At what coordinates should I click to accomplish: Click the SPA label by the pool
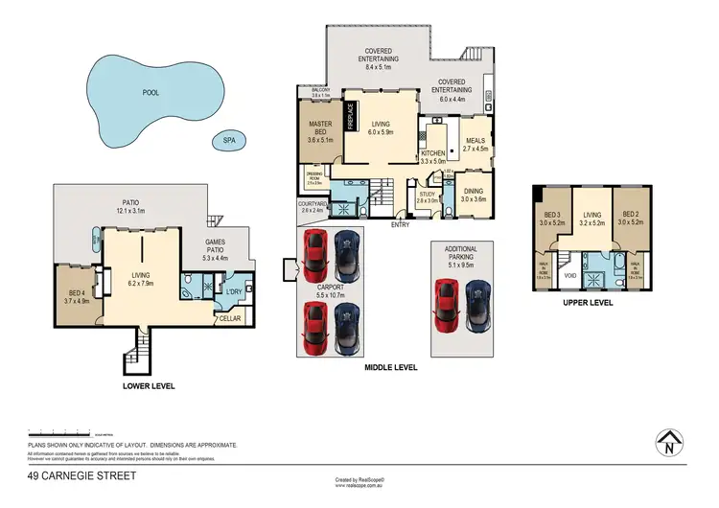(x=229, y=141)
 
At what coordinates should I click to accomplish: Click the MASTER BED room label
(x=319, y=126)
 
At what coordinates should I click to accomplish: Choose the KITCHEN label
(x=433, y=153)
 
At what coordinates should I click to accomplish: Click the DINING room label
(x=474, y=192)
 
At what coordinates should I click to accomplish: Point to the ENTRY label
(x=400, y=224)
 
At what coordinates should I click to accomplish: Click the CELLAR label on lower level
(x=230, y=318)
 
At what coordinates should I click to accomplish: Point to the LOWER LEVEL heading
(x=148, y=385)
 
